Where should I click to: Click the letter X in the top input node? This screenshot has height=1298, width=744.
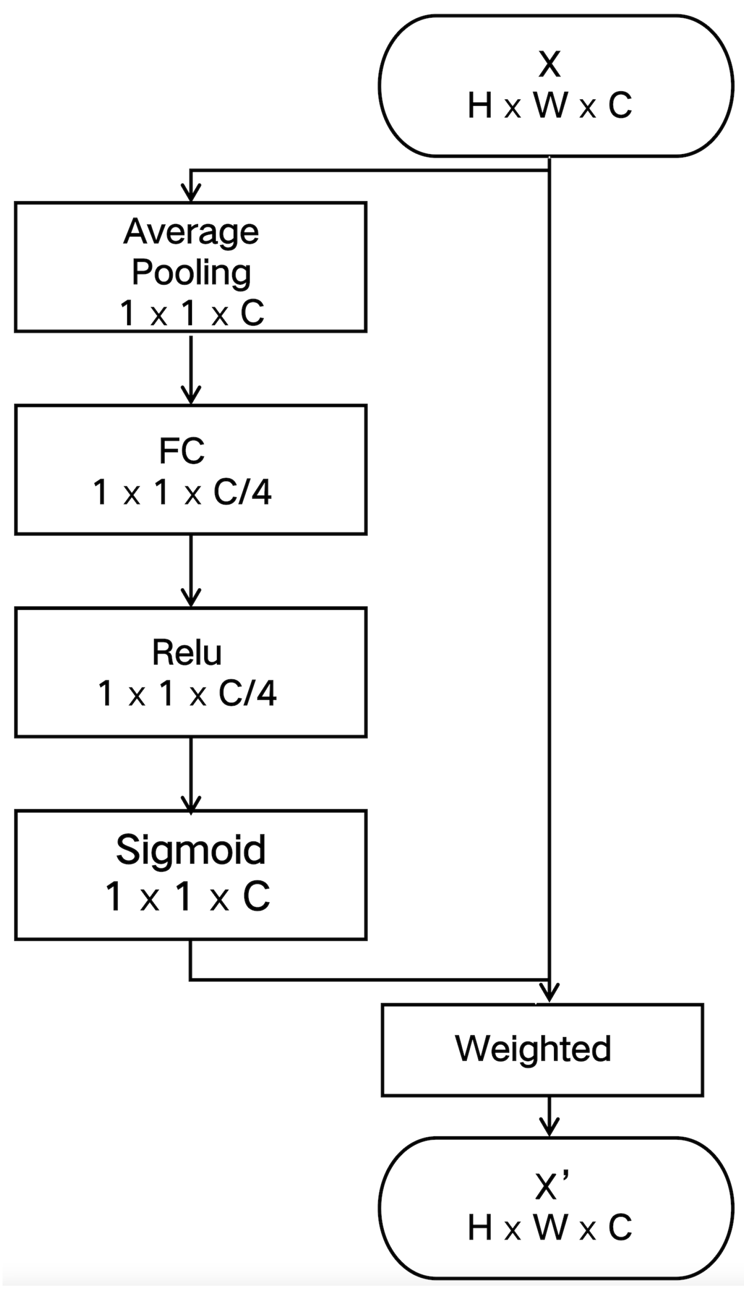[549, 64]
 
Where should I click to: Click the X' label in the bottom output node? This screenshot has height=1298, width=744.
[552, 1187]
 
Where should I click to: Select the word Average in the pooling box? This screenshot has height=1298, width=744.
[191, 233]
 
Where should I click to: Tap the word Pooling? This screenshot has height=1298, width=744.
[191, 273]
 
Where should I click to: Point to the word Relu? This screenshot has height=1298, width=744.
[187, 653]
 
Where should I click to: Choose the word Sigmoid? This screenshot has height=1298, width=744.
[191, 850]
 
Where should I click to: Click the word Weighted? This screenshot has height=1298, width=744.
[533, 1049]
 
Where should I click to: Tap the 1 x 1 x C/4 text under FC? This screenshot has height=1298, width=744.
[182, 493]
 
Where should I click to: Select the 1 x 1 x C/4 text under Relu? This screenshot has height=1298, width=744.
[187, 694]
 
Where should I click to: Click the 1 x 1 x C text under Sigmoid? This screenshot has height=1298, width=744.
[187, 897]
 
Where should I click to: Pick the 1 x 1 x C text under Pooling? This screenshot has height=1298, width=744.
[191, 313]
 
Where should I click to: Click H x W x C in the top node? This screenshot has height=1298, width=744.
[550, 106]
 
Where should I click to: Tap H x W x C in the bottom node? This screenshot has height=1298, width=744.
[550, 1228]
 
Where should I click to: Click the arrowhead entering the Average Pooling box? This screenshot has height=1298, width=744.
[191, 194]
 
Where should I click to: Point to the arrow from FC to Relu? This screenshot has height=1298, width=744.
[191, 572]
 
